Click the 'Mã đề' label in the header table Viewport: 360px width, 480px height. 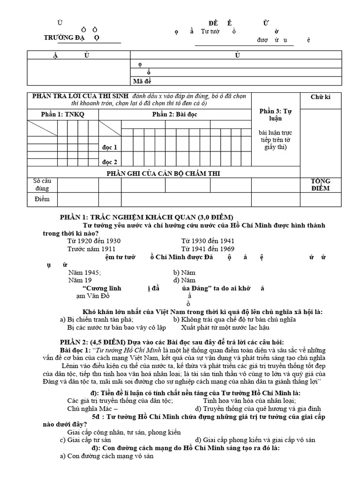142,81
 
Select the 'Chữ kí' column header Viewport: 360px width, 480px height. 321,97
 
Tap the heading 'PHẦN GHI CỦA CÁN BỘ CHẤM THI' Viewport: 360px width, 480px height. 164,173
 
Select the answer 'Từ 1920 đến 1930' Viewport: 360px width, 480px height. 94,241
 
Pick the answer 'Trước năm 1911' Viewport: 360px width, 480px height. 91,249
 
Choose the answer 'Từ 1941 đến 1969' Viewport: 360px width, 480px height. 208,249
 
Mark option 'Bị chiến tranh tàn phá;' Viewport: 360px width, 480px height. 97,319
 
